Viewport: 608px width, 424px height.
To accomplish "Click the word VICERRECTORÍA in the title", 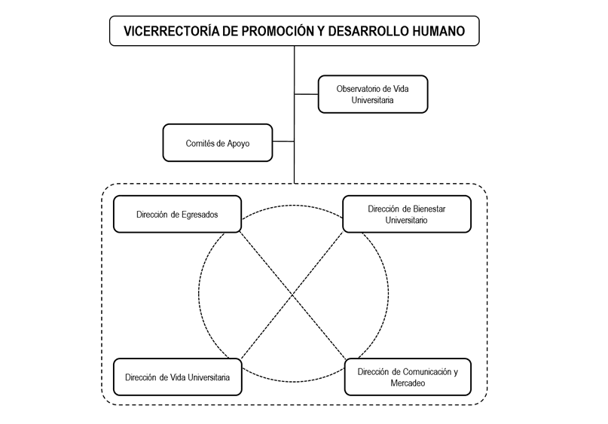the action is click(172, 31).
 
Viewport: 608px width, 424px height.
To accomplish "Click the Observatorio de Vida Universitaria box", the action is click(373, 94).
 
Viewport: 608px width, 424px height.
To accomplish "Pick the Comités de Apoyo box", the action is click(218, 142).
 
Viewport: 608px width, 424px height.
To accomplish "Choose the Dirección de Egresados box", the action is click(177, 214).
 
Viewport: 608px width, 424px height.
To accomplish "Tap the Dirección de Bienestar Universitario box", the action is click(407, 214).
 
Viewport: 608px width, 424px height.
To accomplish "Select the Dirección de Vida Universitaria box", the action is click(178, 377).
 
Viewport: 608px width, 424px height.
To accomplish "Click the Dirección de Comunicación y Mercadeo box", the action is click(408, 377).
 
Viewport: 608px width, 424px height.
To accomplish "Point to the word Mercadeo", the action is click(408, 383).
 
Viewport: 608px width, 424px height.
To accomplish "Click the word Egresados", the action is click(200, 215).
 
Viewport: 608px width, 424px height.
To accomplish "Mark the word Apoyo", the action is click(238, 144).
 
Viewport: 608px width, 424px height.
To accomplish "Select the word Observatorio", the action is click(356, 89).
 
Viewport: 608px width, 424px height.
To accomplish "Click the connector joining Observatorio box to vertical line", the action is click(307, 94).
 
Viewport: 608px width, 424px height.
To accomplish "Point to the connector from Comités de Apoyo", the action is click(283, 142).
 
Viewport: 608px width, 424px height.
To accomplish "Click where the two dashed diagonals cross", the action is click(292, 295).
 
